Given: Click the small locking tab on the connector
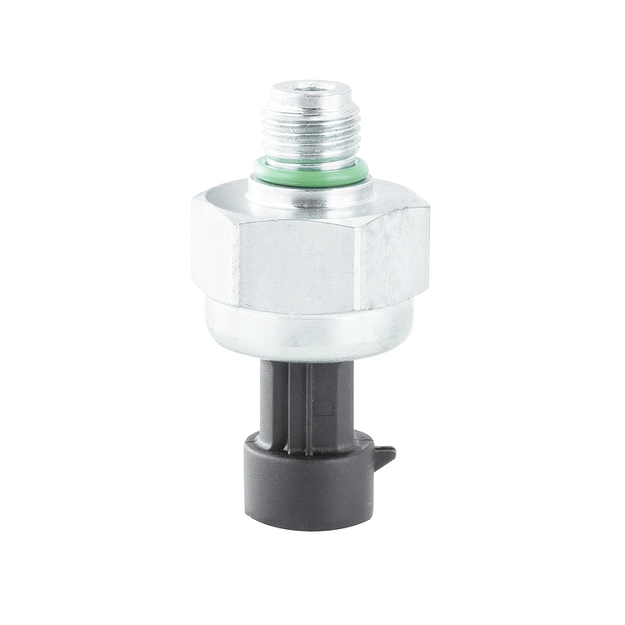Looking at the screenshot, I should tap(385, 456).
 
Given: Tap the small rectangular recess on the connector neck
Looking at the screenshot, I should tap(325, 407).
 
